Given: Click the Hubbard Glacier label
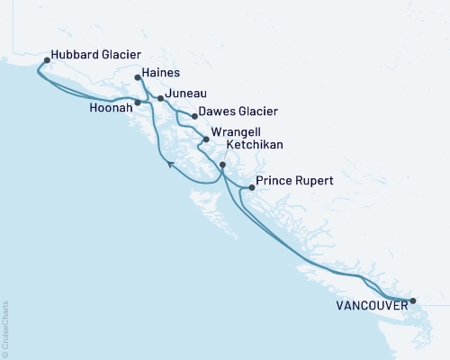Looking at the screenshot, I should [x=96, y=53].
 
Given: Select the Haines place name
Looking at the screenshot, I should [x=161, y=73].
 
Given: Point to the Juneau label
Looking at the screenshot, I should [x=187, y=93].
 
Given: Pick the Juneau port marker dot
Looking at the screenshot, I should [x=160, y=98].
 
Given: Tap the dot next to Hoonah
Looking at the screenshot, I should [x=138, y=103].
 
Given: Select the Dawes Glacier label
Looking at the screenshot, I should [x=238, y=112].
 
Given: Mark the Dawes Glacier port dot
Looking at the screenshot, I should [x=194, y=116].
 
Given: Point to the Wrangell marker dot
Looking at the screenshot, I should [x=206, y=139].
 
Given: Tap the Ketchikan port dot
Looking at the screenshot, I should [x=222, y=166].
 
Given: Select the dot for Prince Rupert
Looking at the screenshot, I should [x=251, y=188].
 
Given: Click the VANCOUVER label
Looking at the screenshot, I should [x=370, y=306].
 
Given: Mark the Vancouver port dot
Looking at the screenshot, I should [x=412, y=301].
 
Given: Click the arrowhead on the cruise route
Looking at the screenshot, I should [x=170, y=163].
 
